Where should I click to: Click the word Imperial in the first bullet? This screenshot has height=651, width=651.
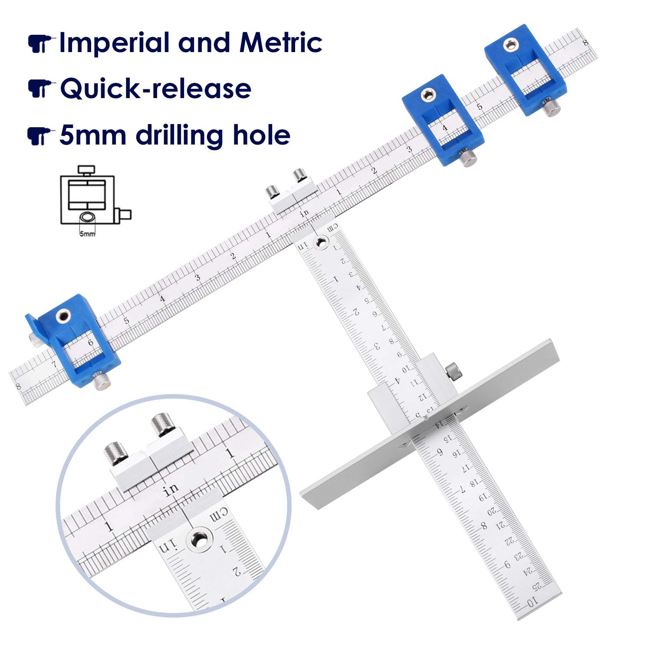pos(115,43)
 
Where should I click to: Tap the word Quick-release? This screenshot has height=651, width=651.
pos(155,89)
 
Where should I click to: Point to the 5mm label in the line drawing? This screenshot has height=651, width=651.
pos(87,234)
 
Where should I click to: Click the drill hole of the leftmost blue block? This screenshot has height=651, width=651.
pos(63,316)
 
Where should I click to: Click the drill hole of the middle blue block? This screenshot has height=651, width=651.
pos(429,95)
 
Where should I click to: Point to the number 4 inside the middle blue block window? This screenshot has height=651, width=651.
pos(444,128)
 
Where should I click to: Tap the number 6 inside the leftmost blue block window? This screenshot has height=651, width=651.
pos(90,342)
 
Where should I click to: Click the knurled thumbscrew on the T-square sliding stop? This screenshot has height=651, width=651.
pos(454,371)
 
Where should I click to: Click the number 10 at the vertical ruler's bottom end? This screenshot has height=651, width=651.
pos(532,602)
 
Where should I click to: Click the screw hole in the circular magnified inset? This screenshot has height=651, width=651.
pos(200,540)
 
